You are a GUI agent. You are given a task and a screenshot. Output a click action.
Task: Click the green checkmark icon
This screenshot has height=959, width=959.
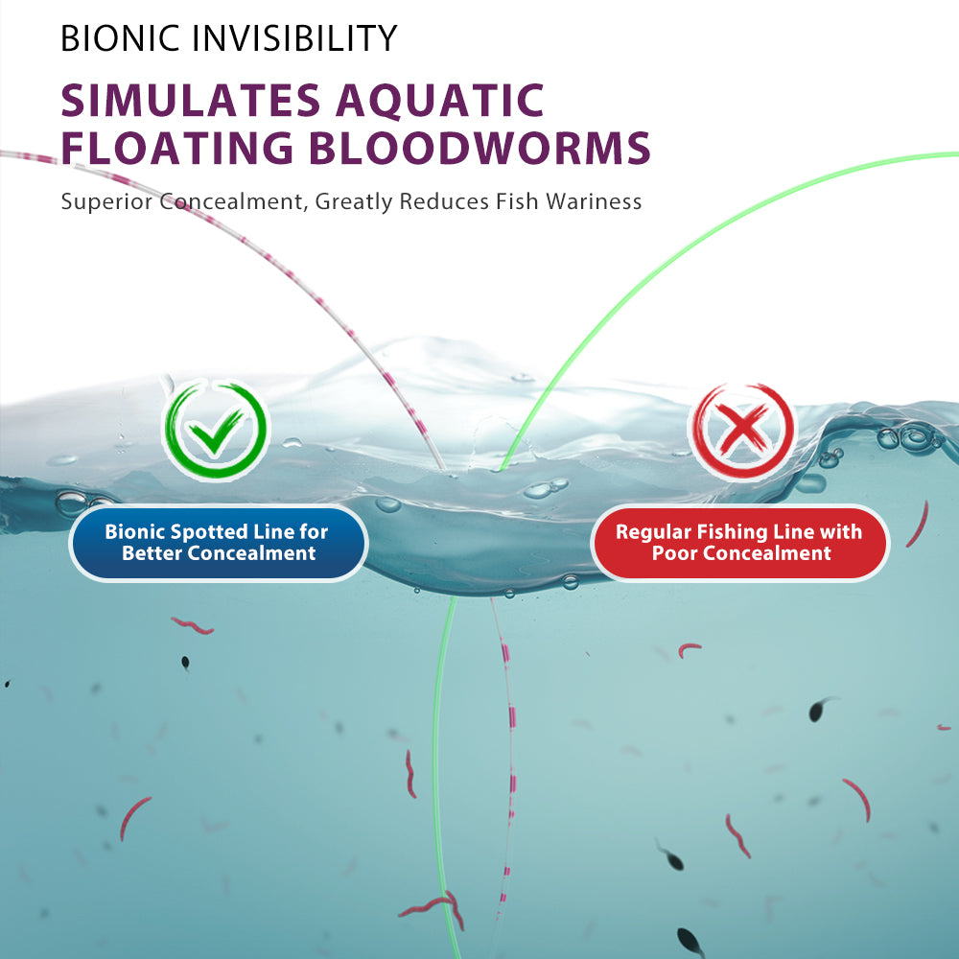[215, 429]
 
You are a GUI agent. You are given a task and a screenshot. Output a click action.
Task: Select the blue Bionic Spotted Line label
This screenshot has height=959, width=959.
[219, 543]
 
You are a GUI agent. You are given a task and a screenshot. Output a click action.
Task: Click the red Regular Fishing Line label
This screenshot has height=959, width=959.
[739, 543]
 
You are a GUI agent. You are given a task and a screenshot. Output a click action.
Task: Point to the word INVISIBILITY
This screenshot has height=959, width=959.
[294, 38]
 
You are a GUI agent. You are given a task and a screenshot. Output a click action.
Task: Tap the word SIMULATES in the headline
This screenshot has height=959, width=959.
[191, 101]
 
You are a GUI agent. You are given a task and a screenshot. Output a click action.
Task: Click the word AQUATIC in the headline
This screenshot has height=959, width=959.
[440, 102]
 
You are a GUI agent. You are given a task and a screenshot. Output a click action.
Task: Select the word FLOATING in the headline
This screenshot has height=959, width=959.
[177, 148]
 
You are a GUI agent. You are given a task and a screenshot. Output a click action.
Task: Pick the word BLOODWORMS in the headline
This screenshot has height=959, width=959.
[479, 148]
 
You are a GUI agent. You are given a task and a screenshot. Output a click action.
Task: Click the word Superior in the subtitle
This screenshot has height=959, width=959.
[107, 201]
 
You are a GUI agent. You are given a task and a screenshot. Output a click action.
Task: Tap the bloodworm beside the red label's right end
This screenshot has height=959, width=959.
[918, 525]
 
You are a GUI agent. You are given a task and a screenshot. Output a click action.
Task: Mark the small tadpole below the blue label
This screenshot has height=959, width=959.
[185, 663]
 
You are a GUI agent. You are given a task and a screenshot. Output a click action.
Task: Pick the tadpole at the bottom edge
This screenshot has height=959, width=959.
[690, 942]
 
